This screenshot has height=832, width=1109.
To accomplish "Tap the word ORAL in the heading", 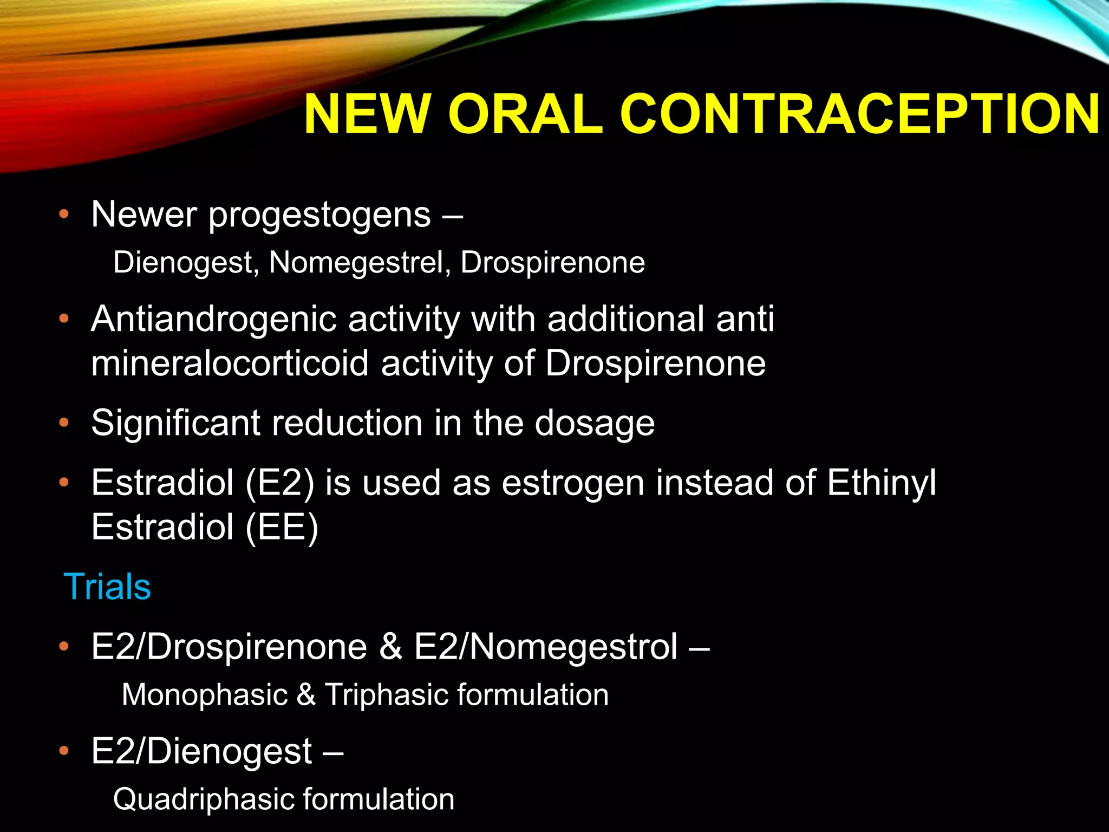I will click(525, 115).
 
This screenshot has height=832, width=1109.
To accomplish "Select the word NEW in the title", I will click(366, 115).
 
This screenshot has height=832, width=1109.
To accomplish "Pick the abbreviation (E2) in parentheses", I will click(279, 483).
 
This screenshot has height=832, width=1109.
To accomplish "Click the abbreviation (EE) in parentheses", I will click(282, 528).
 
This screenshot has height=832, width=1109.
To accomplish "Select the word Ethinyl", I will click(881, 483).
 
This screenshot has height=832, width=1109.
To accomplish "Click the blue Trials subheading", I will click(107, 587).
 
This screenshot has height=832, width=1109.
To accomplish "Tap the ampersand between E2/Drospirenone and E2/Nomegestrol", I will click(390, 647).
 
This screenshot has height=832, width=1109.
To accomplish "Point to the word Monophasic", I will click(204, 695).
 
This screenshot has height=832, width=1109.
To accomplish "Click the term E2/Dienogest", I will click(201, 752).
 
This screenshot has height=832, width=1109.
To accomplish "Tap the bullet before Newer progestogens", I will click(64, 214).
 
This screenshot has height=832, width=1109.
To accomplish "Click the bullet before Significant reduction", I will click(64, 423).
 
